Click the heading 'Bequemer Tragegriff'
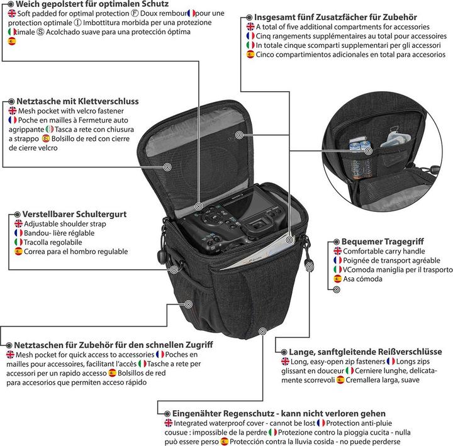(382, 241)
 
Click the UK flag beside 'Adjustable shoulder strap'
(18, 224)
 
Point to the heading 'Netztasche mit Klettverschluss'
(77, 101)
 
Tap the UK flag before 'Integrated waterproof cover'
(168, 423)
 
